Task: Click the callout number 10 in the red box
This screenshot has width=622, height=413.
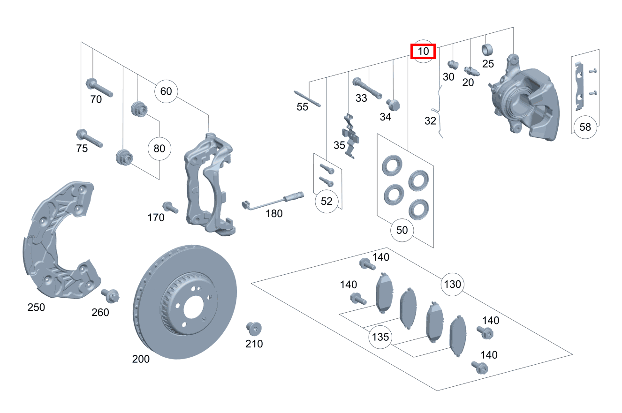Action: [424, 51]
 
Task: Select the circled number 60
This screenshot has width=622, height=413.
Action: [166, 91]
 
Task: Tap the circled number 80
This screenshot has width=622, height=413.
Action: [159, 149]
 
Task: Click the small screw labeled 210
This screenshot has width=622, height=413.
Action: [254, 329]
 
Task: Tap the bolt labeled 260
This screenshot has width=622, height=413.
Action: [111, 296]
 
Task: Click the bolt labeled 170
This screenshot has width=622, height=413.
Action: [169, 207]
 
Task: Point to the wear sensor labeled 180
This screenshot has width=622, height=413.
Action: [272, 201]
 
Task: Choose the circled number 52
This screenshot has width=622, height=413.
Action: [326, 201]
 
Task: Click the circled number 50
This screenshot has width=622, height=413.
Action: [402, 230]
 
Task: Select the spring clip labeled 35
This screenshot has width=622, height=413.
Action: [351, 135]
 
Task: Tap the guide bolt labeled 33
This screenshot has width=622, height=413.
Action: [368, 88]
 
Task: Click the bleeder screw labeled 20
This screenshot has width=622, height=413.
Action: [470, 71]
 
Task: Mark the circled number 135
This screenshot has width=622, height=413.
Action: [380, 337]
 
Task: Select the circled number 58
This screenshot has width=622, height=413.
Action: [585, 127]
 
